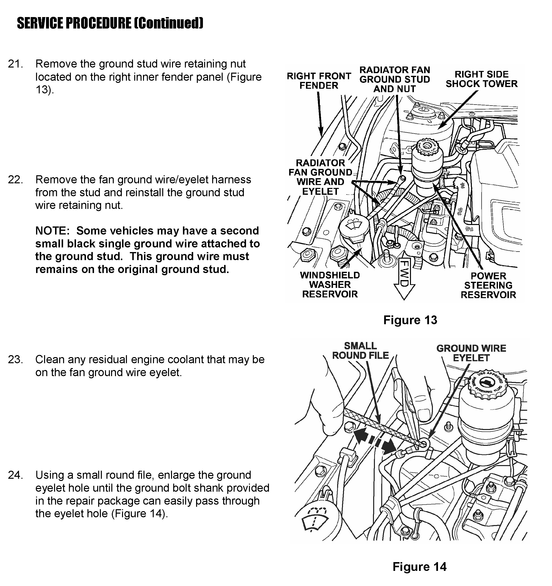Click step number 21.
[15, 64]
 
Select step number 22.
[15, 179]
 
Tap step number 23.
[15, 360]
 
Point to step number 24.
[15, 475]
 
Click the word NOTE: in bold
[52, 231]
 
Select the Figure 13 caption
[410, 320]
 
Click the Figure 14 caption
[419, 567]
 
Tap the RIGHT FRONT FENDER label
[319, 81]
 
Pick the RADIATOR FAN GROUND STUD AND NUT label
[394, 79]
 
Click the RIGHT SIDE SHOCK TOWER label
[481, 79]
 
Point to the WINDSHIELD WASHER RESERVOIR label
[330, 285]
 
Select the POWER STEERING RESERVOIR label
[488, 285]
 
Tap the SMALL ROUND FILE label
[360, 351]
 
